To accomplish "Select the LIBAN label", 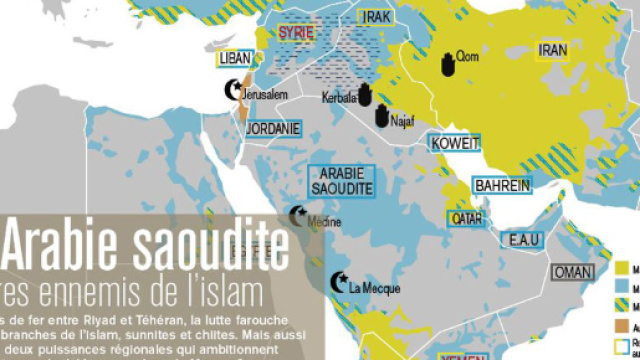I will (x=234, y=59).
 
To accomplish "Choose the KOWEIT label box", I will (x=455, y=143).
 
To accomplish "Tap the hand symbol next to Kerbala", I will (x=366, y=93).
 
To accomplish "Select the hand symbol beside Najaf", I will (x=382, y=116).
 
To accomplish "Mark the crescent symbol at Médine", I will (x=296, y=215).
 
